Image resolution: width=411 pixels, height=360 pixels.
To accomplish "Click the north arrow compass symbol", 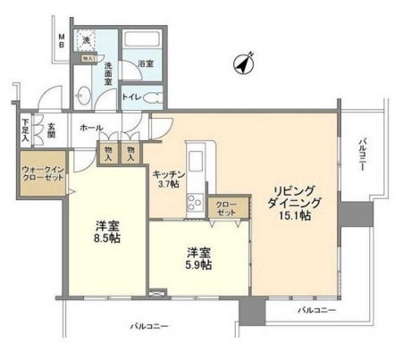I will pyautogui.click(x=244, y=64).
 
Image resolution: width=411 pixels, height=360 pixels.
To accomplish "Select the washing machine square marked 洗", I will pyautogui.click(x=88, y=41).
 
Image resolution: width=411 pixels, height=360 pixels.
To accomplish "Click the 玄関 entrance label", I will pyautogui.click(x=53, y=131).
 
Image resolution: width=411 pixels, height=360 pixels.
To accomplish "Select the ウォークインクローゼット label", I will pyautogui.click(x=41, y=173).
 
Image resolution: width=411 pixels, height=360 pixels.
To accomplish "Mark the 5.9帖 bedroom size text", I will pyautogui.click(x=199, y=265).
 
